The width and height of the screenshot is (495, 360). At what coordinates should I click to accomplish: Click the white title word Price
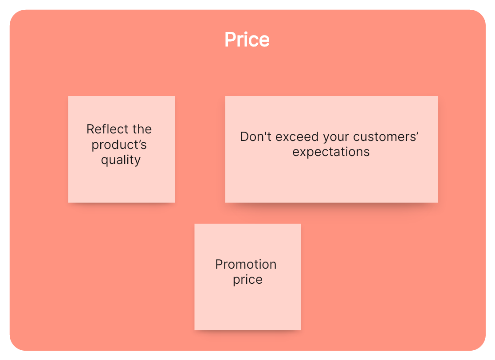tap(247, 39)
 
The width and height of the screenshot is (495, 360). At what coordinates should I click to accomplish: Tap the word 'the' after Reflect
tap(142, 129)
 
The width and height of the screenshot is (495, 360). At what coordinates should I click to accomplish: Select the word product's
tap(119, 145)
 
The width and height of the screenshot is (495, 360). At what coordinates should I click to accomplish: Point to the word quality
tap(121, 160)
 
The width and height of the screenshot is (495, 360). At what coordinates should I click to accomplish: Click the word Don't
tap(256, 137)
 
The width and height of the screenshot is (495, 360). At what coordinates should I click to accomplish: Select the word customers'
tap(386, 137)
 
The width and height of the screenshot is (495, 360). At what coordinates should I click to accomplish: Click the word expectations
tap(331, 152)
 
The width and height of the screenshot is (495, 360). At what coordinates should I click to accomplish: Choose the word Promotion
tap(246, 264)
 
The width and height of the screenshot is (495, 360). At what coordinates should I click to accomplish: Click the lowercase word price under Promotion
tap(247, 280)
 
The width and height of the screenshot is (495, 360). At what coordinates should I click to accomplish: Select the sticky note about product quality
tap(122, 149)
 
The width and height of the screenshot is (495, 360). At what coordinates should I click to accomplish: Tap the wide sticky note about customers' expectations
tap(331, 149)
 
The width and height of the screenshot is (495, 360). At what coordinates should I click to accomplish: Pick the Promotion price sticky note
tap(247, 277)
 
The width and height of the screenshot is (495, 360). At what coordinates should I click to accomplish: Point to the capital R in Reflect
tap(90, 129)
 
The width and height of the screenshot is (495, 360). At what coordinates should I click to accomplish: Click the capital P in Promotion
tap(219, 264)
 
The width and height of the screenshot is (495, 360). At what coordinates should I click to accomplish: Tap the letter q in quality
tap(105, 161)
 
